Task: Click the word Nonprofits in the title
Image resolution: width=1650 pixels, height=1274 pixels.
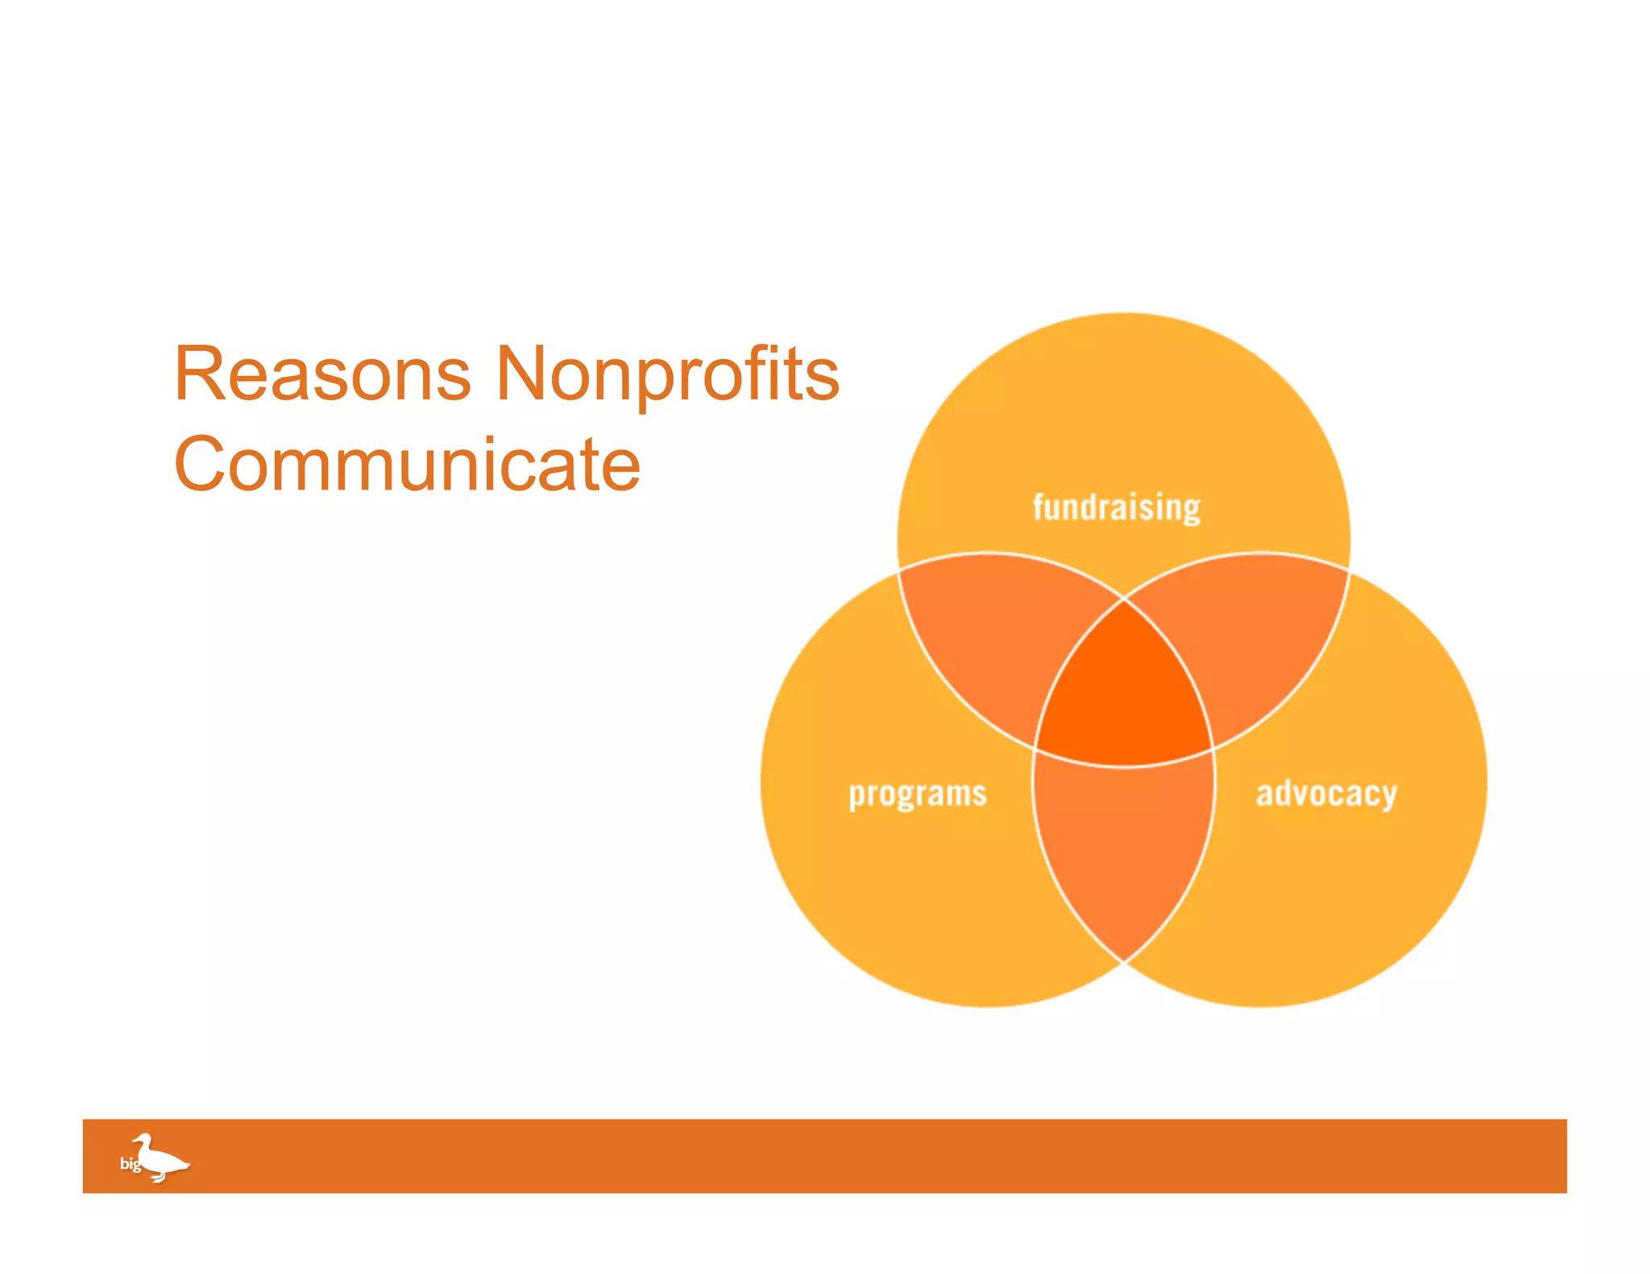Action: pyautogui.click(x=667, y=374)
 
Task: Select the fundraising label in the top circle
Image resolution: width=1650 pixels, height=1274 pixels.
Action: pyautogui.click(x=1117, y=507)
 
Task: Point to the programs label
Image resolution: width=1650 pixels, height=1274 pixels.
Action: pyautogui.click(x=918, y=794)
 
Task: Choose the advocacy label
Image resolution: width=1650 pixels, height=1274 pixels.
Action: pyautogui.click(x=1326, y=794)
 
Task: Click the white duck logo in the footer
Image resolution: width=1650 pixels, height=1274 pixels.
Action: pyautogui.click(x=160, y=1158)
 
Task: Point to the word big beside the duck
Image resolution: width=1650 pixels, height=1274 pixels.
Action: pyautogui.click(x=130, y=1164)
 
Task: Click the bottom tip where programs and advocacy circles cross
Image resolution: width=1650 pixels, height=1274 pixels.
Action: pyautogui.click(x=1124, y=960)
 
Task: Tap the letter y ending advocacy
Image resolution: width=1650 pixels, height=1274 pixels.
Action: pyautogui.click(x=1387, y=797)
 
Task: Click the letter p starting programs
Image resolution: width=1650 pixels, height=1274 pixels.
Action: pyautogui.click(x=856, y=797)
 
